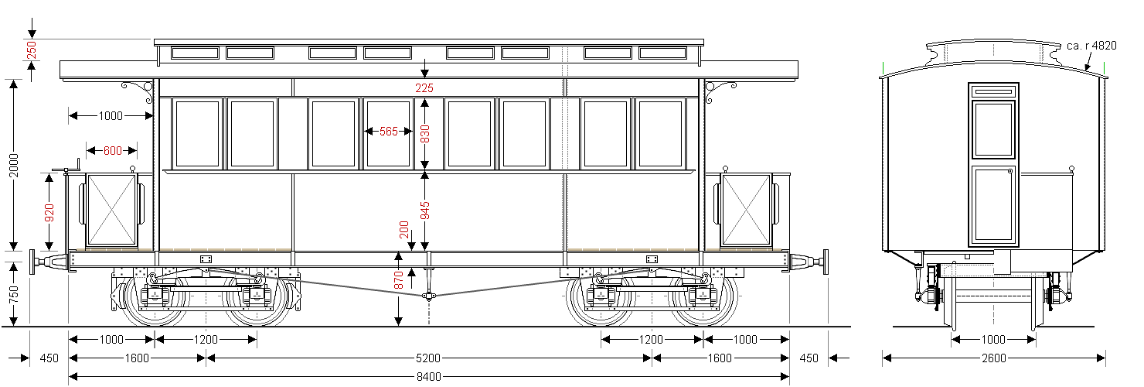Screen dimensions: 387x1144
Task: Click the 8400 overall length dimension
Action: (429, 377)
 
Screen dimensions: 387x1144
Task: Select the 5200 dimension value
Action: (429, 358)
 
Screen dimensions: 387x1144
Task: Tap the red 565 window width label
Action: (389, 132)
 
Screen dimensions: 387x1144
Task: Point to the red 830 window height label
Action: (424, 135)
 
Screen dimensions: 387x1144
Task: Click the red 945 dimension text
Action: (424, 211)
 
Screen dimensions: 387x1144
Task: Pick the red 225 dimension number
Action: (424, 88)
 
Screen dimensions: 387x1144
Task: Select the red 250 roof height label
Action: (32, 50)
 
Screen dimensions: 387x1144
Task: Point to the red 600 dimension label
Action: (113, 151)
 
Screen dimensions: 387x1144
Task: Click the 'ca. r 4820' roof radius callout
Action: (1091, 46)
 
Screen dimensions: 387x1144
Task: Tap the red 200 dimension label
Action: (403, 230)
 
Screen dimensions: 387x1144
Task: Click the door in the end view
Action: (993, 164)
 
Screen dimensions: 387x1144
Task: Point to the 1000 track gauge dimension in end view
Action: (993, 340)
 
